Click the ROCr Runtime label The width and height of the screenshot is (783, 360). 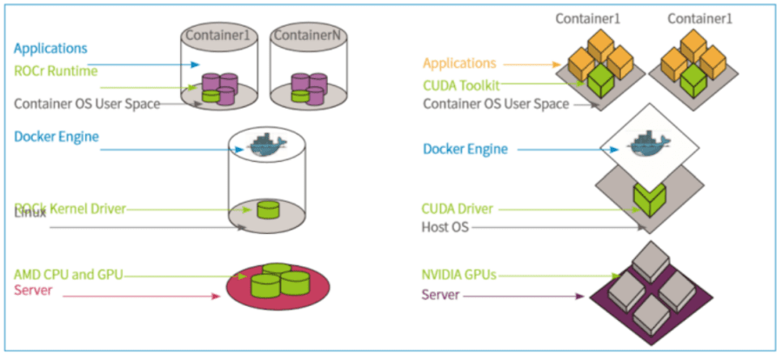pyautogui.click(x=56, y=70)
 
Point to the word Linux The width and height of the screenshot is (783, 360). pyautogui.click(x=30, y=214)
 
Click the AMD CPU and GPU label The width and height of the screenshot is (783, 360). pyautogui.click(x=69, y=275)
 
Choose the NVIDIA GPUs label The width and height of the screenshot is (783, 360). pyautogui.click(x=458, y=275)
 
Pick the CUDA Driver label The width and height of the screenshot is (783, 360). pyautogui.click(x=458, y=209)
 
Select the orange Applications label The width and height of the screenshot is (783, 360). pyautogui.click(x=459, y=63)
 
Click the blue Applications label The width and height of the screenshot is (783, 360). pyautogui.click(x=50, y=49)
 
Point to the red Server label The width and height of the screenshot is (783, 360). pyautogui.click(x=33, y=290)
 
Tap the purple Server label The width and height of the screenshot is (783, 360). pyautogui.click(x=440, y=296)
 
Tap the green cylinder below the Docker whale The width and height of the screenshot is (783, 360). pyautogui.click(x=267, y=210)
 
